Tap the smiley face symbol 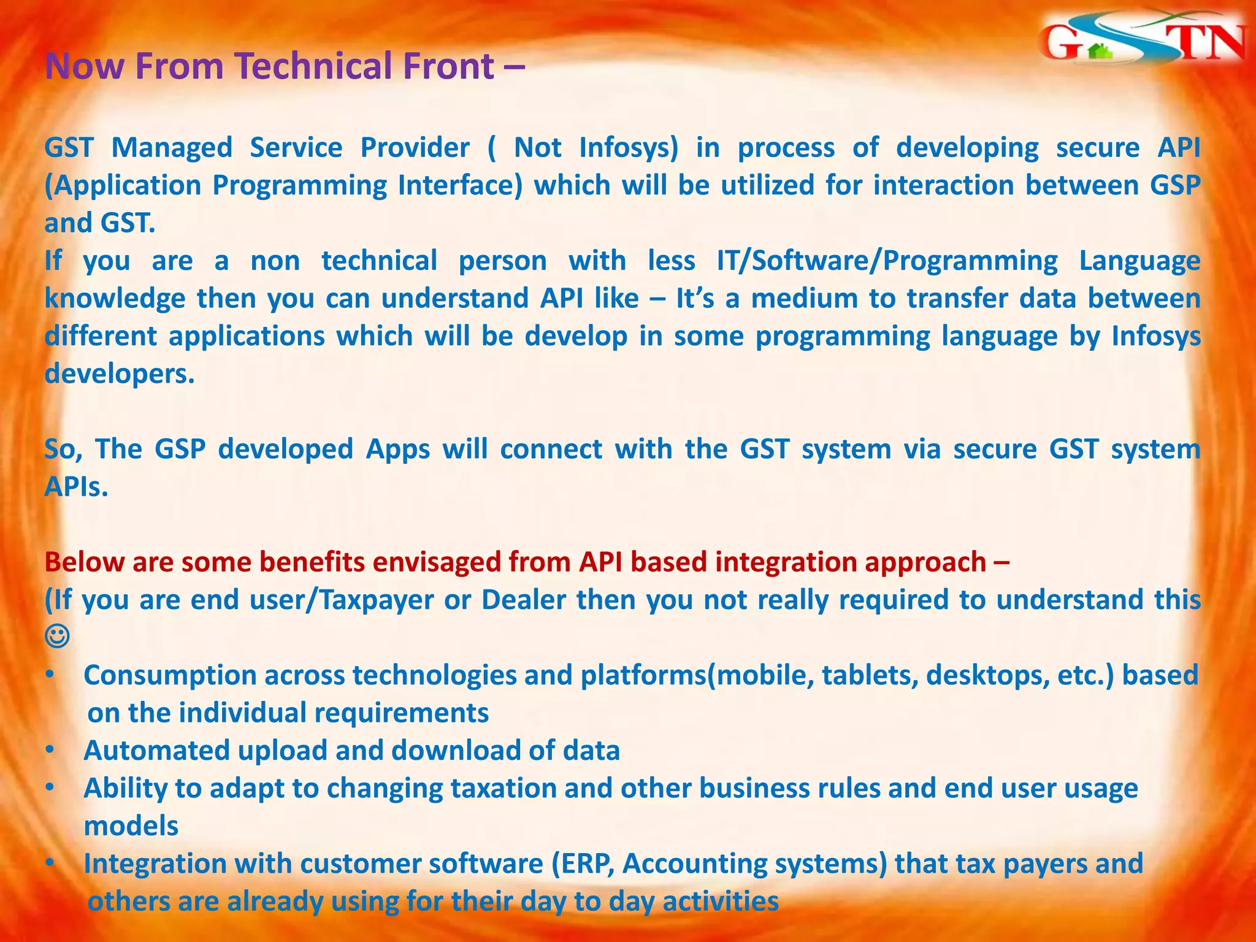pos(57,637)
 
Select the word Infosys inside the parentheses pos(628,148)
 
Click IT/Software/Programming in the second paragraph pos(887,261)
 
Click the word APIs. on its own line pos(76,488)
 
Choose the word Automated pos(156,751)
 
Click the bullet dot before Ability pos(50,788)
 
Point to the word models pos(131,826)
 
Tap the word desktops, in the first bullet pos(987,675)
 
